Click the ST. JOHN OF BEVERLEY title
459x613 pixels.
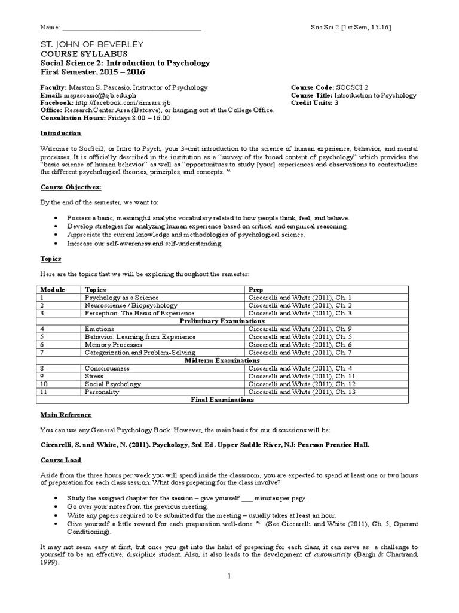point(91,45)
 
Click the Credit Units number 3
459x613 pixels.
point(336,102)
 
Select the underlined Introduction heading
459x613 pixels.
point(60,133)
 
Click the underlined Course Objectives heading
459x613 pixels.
point(71,187)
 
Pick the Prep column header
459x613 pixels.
point(255,289)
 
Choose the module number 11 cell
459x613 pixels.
point(44,392)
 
